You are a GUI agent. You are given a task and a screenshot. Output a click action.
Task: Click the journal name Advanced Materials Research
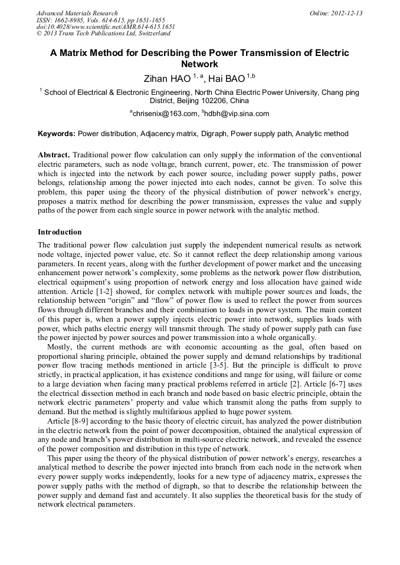pyautogui.click(x=77, y=13)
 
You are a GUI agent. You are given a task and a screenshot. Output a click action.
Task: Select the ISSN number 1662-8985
pyautogui.click(x=70, y=20)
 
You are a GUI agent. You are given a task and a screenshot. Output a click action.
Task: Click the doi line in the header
pyautogui.click(x=106, y=27)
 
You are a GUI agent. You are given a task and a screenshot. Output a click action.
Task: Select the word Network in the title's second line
pyautogui.click(x=199, y=64)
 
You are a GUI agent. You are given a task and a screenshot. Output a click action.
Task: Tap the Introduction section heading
pyautogui.click(x=60, y=232)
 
